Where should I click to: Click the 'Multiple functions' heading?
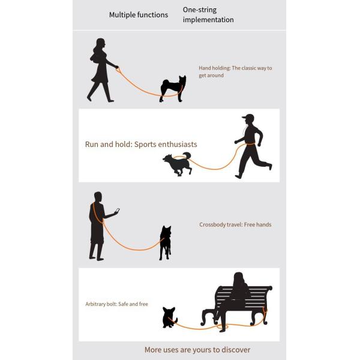pyautogui.click(x=139, y=15)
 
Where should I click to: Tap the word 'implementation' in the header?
pyautogui.click(x=208, y=20)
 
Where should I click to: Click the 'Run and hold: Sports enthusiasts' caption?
pyautogui.click(x=141, y=145)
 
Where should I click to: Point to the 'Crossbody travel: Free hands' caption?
pyautogui.click(x=235, y=224)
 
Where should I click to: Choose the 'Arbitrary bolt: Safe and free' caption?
pyautogui.click(x=116, y=304)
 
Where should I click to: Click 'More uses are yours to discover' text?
pyautogui.click(x=197, y=350)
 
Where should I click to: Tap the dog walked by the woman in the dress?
pyautogui.click(x=173, y=88)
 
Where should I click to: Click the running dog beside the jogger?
pyautogui.click(x=177, y=163)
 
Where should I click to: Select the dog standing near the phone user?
pyautogui.click(x=166, y=243)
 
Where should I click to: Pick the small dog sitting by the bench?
pyautogui.click(x=169, y=317)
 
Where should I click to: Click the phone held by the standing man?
pyautogui.click(x=117, y=211)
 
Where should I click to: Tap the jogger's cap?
pyautogui.click(x=248, y=116)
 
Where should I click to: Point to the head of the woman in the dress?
pyautogui.click(x=100, y=44)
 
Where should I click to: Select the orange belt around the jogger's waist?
pyautogui.click(x=250, y=144)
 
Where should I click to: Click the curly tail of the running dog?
pyautogui.click(x=187, y=155)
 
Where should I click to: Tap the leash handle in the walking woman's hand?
pyautogui.click(x=118, y=69)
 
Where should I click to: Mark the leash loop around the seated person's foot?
pyautogui.click(x=223, y=326)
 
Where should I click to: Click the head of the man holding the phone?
pyautogui.click(x=98, y=197)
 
